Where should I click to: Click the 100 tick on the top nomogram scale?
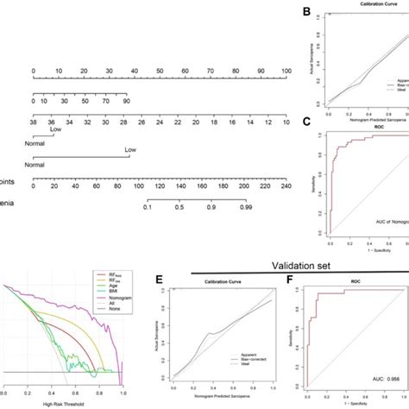286,70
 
